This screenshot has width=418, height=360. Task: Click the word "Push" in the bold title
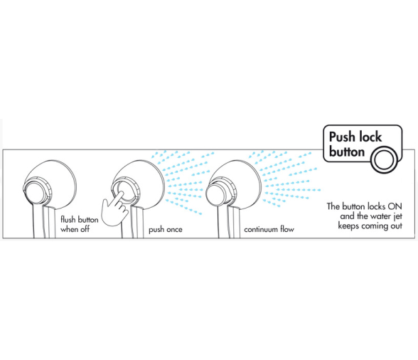(342, 137)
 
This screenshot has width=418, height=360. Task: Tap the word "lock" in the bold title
(370, 137)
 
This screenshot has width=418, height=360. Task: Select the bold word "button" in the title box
(347, 152)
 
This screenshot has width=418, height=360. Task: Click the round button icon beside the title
(384, 159)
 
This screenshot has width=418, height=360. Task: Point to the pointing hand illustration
(116, 208)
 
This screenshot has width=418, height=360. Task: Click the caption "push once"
(166, 230)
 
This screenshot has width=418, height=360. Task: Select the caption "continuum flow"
(269, 230)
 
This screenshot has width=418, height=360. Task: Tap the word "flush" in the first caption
(68, 220)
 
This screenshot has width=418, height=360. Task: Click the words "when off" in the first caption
(75, 229)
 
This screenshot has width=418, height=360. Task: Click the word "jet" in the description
(398, 216)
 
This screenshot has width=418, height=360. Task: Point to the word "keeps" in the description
(347, 226)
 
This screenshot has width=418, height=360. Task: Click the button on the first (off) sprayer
(36, 191)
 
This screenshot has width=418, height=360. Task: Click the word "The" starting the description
(333, 206)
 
